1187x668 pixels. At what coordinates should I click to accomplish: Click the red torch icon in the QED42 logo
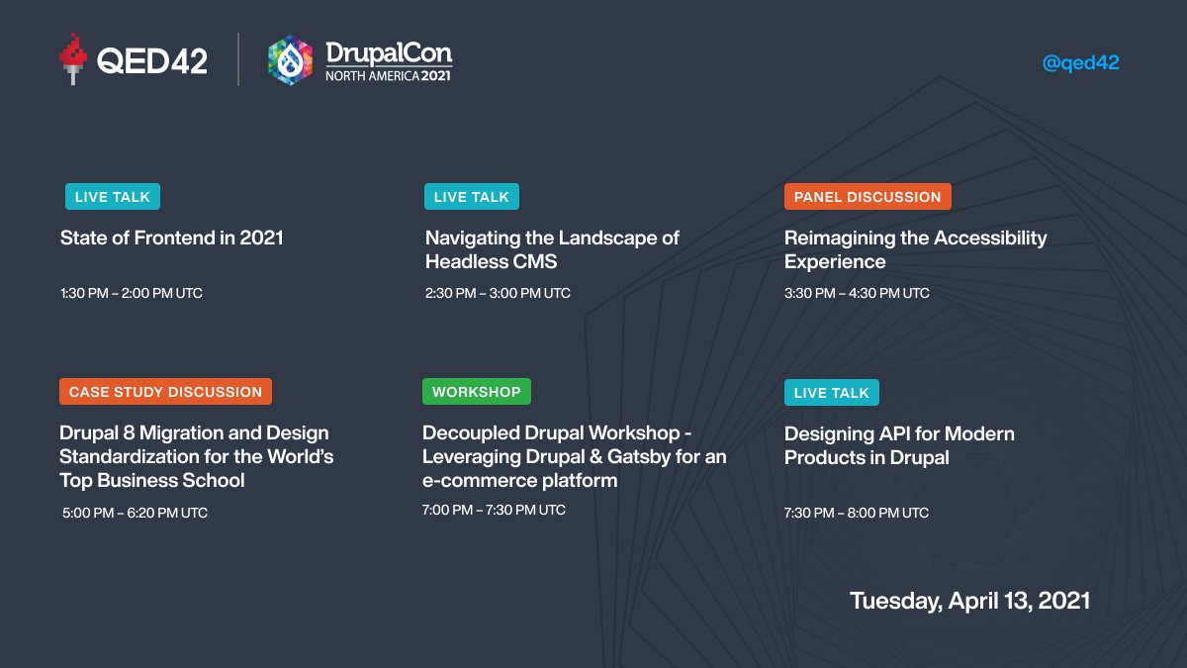coord(72,58)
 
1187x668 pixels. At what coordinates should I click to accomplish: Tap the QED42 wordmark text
coord(151,61)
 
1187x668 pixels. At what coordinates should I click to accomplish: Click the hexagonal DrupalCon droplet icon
coord(290,60)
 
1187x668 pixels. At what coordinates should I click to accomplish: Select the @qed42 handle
coord(1080,62)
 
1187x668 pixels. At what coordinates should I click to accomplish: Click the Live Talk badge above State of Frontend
coord(112,197)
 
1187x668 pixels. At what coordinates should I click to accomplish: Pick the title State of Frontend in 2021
coord(171,238)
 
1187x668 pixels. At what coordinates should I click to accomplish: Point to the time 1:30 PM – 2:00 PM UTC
coord(131,293)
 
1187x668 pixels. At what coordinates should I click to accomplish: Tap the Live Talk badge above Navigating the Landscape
coord(471,197)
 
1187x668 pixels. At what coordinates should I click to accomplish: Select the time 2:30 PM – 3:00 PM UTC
coord(498,293)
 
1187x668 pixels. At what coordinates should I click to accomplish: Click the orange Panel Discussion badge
coord(867,197)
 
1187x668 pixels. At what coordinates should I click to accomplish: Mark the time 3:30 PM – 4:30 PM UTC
coord(857,293)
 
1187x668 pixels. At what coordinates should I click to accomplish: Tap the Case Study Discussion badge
coord(165,392)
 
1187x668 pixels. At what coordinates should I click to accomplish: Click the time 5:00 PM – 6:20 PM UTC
coord(134,513)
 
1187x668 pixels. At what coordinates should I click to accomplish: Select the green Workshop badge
coord(476,392)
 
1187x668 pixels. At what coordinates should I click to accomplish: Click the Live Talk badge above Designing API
coord(831,393)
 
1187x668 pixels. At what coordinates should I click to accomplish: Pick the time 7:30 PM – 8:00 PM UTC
coord(857,513)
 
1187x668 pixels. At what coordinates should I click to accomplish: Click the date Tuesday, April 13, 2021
coord(969,601)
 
